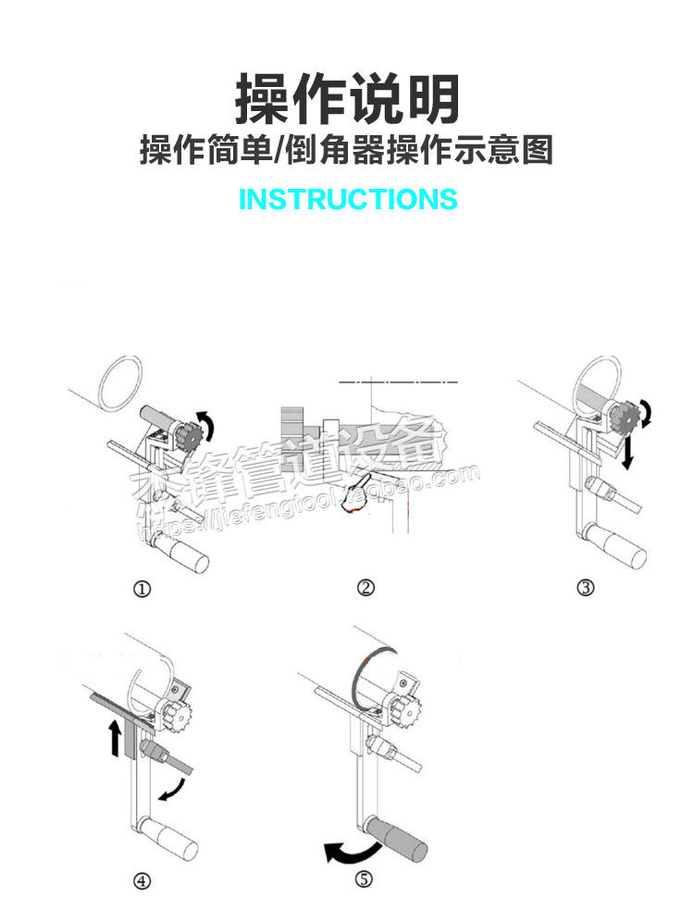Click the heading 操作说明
pyautogui.click(x=347, y=99)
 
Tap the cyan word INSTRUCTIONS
pyautogui.click(x=348, y=199)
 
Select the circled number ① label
pyautogui.click(x=142, y=589)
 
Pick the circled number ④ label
pyautogui.click(x=142, y=881)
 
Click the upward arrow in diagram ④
pyautogui.click(x=115, y=740)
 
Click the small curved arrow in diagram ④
pyautogui.click(x=171, y=789)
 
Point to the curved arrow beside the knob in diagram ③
pyautogui.click(x=647, y=414)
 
